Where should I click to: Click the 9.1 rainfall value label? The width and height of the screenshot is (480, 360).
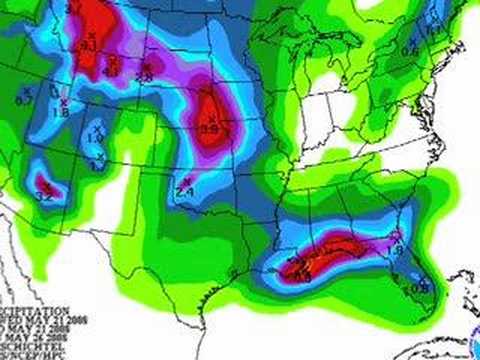tap(88, 46)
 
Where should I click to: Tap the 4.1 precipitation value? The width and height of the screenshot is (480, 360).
tap(112, 71)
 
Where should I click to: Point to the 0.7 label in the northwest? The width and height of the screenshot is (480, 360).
tap(23, 99)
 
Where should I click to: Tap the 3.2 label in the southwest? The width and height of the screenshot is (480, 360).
tap(44, 197)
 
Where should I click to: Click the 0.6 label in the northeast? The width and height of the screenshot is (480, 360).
tap(409, 50)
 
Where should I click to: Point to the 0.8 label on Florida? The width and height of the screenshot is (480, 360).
tap(420, 288)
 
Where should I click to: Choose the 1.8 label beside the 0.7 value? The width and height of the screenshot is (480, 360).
tap(59, 114)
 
